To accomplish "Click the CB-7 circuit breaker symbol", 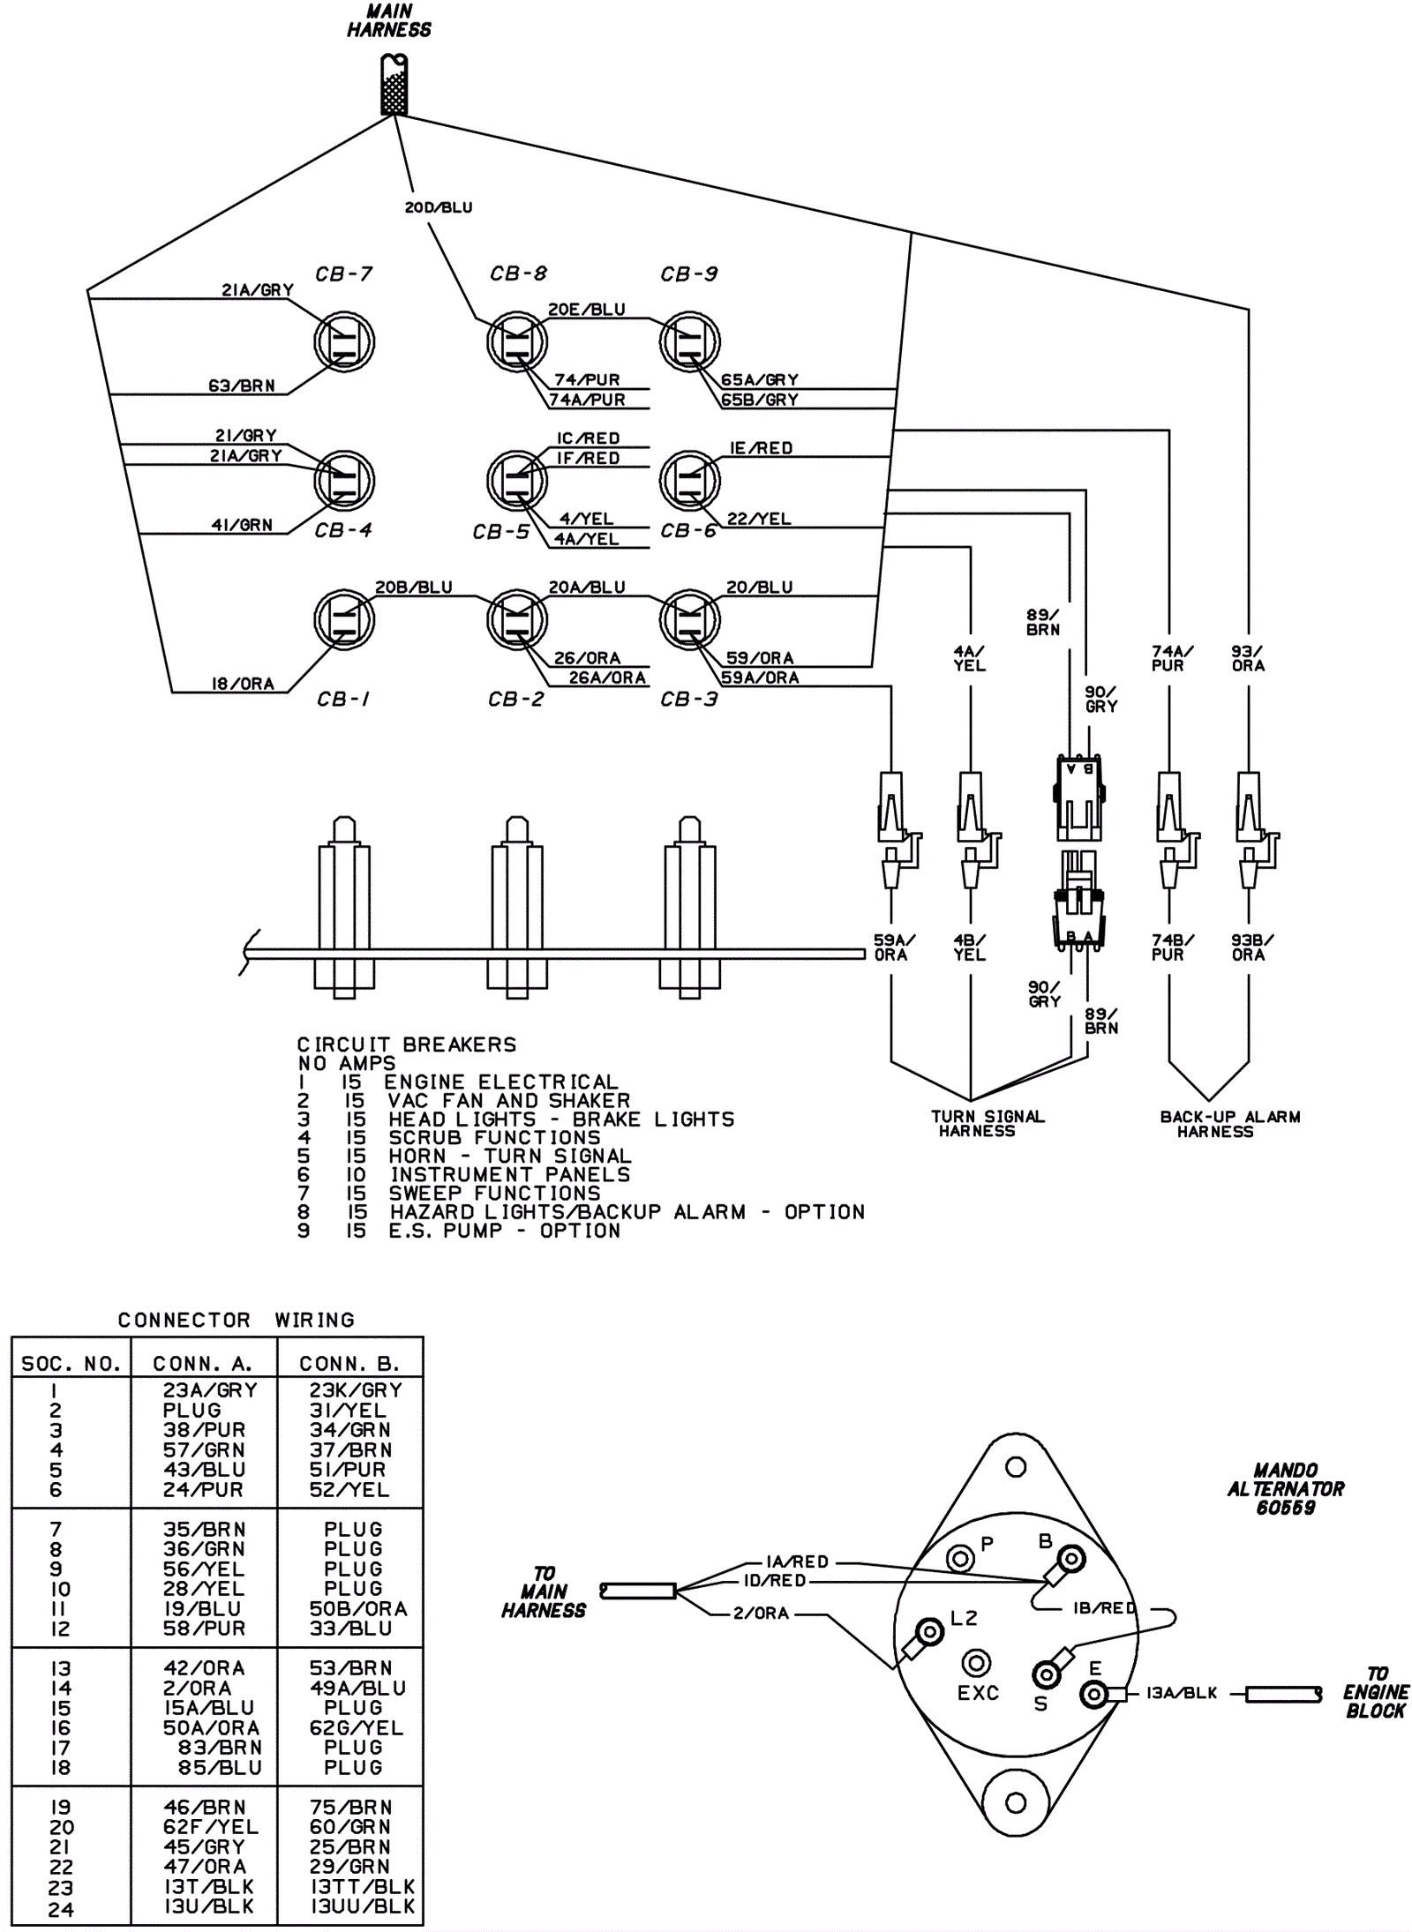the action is coord(344,341).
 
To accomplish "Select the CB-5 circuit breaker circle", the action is coord(517,480).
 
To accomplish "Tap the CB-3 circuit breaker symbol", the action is coord(690,620).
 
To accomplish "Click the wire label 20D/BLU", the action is coord(439,208).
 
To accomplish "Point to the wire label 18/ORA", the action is coord(243,684).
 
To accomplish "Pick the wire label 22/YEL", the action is coord(759,519).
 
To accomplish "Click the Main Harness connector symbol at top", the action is coord(394,85).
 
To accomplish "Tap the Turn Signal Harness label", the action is coord(988,1123).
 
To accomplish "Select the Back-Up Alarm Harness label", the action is coord(1230,1123).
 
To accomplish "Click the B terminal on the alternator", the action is coord(1071,1559).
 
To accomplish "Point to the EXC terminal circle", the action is coord(975,1664).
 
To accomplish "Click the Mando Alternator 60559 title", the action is coord(1286,1489).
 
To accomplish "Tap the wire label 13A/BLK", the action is coord(1182,1693).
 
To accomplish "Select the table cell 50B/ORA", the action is coord(358,1608).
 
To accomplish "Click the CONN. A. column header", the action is coord(203,1364).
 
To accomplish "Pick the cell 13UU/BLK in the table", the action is coord(363,1906).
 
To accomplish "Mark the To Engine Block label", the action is coord(1376,1692).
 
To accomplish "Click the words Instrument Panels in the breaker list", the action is coord(510,1174).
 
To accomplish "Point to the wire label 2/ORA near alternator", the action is coord(761,1613).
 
